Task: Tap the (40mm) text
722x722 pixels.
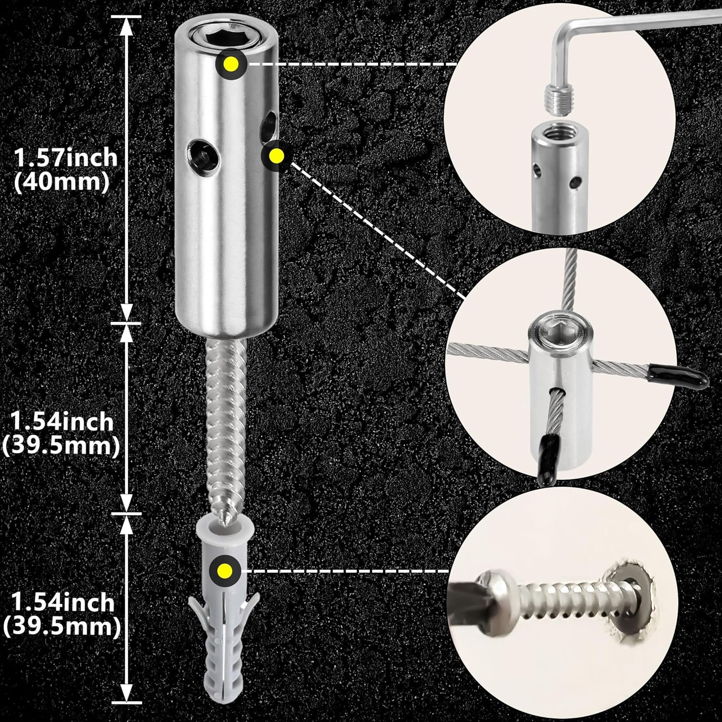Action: tap(61, 183)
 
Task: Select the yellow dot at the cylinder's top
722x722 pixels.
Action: tap(232, 64)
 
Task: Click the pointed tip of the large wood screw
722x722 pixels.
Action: tap(223, 521)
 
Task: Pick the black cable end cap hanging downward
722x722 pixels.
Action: tap(547, 455)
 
